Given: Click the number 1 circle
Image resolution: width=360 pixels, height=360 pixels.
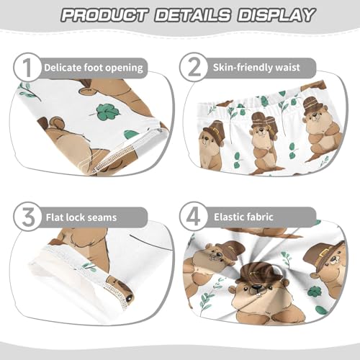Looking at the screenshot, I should (x=26, y=68).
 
